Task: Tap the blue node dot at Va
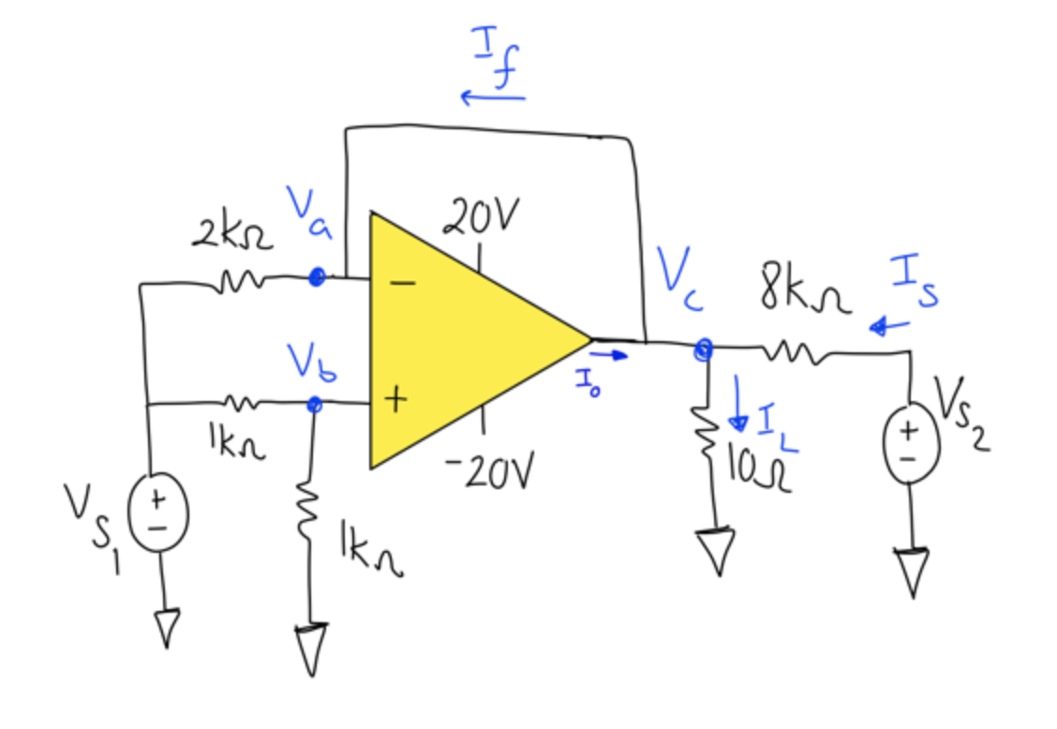click(317, 277)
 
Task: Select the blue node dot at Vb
click(315, 404)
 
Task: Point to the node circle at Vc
click(703, 350)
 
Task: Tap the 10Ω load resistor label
click(760, 465)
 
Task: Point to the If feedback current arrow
click(493, 97)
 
